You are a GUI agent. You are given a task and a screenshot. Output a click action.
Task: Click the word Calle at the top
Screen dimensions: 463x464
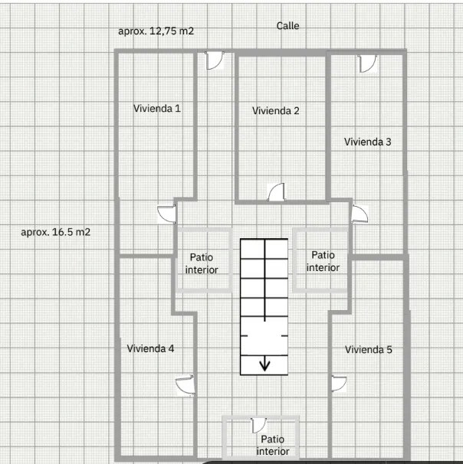pos(287,26)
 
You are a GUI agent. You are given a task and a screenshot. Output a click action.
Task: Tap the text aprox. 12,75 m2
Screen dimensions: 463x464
pos(156,31)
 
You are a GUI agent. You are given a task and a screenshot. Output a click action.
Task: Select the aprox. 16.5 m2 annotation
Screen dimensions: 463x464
pos(56,232)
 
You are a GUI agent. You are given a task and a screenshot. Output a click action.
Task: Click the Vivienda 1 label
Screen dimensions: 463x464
pos(157,108)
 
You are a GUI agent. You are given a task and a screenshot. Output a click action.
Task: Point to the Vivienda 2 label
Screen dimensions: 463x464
pos(275,111)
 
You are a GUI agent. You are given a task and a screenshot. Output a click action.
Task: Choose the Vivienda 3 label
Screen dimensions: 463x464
pos(368,142)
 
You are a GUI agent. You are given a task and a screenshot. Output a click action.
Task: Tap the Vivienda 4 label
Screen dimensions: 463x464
pos(150,348)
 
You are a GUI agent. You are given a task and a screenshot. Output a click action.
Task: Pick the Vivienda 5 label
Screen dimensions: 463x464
pos(369,349)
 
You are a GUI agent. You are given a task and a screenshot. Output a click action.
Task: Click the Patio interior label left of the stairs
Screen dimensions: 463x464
pos(202,263)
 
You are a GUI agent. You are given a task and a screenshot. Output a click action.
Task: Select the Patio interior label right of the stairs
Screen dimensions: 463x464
pos(323,261)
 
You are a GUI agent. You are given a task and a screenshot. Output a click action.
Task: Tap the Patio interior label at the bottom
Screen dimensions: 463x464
pos(273,445)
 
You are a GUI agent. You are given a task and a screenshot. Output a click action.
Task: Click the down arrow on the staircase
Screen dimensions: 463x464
pos(264,364)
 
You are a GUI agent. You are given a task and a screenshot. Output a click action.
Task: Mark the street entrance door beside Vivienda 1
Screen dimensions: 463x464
pos(214,60)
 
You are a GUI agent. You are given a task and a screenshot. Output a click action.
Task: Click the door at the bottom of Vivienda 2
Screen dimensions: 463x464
pos(277,192)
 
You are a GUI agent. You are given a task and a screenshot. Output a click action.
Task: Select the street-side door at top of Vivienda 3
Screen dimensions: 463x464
pos(367,64)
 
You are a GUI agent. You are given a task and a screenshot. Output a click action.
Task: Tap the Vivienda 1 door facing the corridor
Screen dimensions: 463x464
pos(166,214)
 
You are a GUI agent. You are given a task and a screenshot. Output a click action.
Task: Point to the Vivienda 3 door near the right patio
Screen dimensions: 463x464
pos(360,214)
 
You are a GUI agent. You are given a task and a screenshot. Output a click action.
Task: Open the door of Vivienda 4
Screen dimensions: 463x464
pos(186,384)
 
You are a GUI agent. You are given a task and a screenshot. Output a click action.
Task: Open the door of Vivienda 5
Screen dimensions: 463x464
pos(339,384)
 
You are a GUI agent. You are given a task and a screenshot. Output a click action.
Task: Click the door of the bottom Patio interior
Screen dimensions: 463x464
pos(258,426)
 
